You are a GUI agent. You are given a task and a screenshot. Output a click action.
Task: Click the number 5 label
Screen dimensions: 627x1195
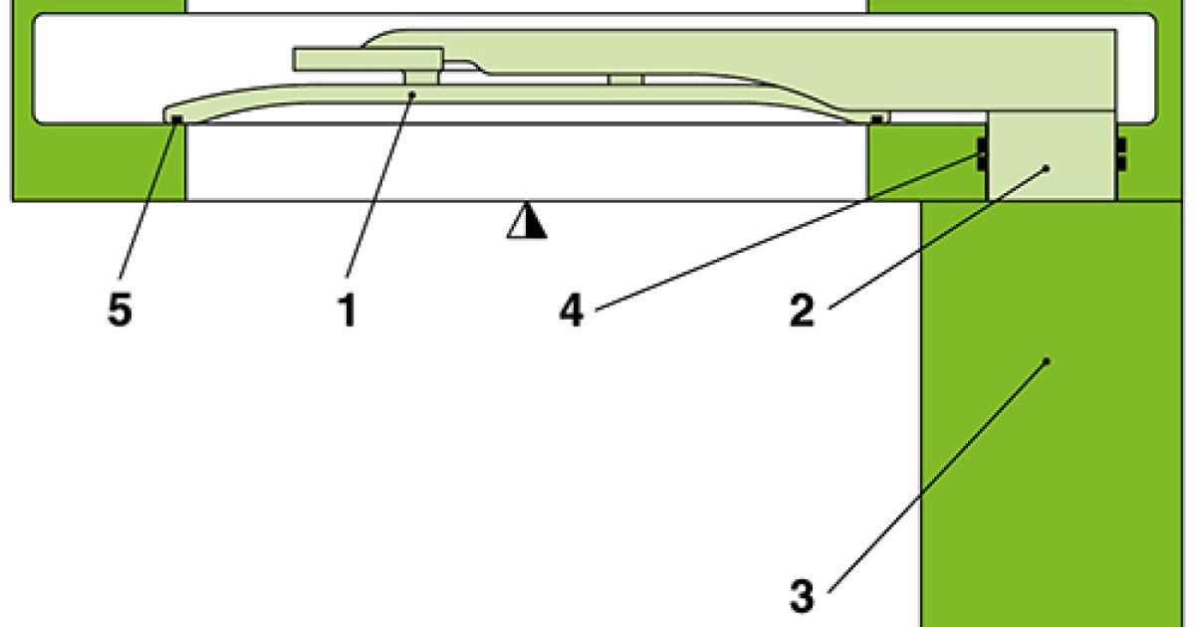click(x=119, y=312)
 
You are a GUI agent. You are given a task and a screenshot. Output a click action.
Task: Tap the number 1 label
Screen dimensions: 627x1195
click(x=346, y=312)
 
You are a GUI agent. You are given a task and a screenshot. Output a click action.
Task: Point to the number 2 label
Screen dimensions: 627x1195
click(x=802, y=312)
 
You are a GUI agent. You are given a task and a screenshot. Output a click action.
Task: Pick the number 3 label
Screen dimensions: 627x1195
click(x=802, y=597)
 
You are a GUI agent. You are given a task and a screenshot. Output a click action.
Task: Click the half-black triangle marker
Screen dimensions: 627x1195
click(x=527, y=223)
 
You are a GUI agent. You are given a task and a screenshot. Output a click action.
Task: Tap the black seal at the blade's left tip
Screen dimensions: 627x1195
click(x=176, y=119)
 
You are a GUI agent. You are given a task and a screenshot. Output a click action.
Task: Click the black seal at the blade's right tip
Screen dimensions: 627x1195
click(x=876, y=119)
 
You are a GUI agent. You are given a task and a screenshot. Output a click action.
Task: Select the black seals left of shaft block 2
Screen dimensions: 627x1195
click(x=982, y=154)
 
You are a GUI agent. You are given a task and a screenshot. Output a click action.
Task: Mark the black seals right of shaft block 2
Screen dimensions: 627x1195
click(x=1120, y=154)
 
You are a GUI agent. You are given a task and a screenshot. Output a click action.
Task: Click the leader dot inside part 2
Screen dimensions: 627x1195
click(x=1048, y=169)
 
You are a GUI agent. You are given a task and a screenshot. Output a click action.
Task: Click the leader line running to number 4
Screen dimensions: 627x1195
click(x=777, y=234)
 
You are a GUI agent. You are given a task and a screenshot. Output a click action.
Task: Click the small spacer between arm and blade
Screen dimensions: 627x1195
click(x=625, y=78)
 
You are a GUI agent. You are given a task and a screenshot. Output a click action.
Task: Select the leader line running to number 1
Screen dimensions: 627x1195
click(x=378, y=189)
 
